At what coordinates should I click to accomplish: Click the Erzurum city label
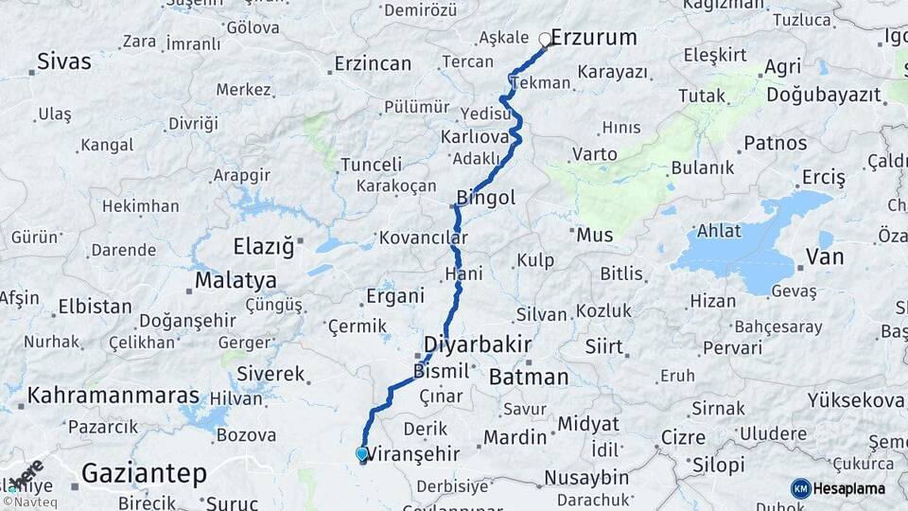(x=593, y=38)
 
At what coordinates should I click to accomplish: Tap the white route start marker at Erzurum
(x=545, y=40)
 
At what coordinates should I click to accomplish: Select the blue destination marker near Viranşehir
(x=361, y=454)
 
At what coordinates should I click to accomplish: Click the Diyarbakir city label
(x=477, y=343)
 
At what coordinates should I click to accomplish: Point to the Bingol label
(x=485, y=198)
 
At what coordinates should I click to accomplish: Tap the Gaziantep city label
(x=144, y=473)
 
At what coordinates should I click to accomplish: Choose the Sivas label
(x=64, y=62)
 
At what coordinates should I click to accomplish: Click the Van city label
(x=825, y=256)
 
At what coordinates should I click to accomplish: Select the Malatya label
(x=236, y=280)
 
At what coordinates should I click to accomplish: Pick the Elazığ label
(x=264, y=247)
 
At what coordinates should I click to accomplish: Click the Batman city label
(x=529, y=377)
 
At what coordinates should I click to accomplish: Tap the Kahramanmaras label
(x=113, y=396)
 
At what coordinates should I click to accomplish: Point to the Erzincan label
(x=373, y=64)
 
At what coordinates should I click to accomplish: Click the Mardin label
(x=515, y=437)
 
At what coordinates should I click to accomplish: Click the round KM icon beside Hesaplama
(x=800, y=488)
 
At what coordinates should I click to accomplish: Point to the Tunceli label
(x=371, y=165)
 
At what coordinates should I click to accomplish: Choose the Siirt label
(x=603, y=346)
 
